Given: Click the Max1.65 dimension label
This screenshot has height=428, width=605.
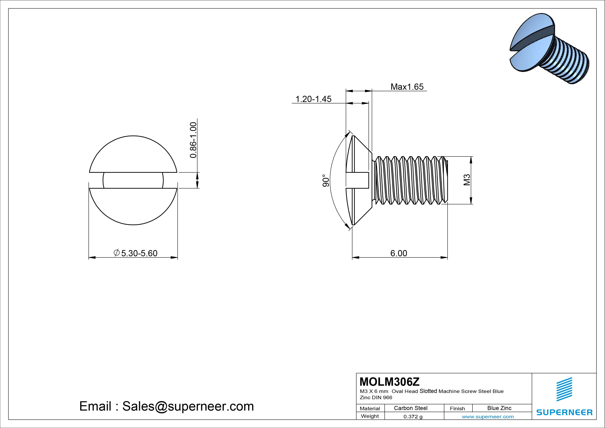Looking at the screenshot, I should [x=407, y=87].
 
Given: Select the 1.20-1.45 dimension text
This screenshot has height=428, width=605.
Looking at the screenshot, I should [x=313, y=99].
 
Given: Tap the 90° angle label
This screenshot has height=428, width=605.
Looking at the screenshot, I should [x=326, y=181].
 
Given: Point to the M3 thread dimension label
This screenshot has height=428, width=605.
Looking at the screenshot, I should [x=467, y=180].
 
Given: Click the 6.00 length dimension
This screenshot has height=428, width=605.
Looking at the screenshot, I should [x=399, y=253].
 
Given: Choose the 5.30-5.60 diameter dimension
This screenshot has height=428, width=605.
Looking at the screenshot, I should [x=136, y=253].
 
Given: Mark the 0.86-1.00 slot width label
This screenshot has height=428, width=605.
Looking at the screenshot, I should [x=193, y=140].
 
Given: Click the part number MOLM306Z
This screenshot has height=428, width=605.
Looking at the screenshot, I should [x=389, y=382].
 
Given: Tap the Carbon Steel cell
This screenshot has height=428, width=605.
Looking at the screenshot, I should [x=410, y=408].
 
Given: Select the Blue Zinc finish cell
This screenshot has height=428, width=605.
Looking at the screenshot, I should [x=499, y=408].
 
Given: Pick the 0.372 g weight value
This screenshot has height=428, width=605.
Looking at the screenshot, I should [x=413, y=417].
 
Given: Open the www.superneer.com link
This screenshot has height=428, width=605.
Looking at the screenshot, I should [x=488, y=417].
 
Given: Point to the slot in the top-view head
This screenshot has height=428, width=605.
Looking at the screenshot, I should [x=133, y=180].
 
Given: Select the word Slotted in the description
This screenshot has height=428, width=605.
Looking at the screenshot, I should [x=428, y=391].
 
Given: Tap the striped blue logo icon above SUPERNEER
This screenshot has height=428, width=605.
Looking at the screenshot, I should [x=564, y=389].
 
